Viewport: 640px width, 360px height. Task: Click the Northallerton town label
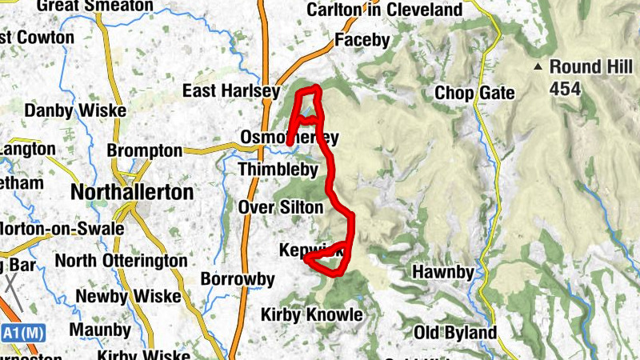132,193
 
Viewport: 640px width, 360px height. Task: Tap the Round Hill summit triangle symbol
539,66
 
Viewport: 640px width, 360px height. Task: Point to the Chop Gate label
474,94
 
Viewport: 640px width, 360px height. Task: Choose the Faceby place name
362,39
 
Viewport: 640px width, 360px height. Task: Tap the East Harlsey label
231,90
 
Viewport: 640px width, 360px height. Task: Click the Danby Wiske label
76,110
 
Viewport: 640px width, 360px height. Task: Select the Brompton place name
145,150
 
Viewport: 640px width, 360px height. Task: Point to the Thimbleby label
278,170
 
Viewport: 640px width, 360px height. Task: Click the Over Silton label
281,208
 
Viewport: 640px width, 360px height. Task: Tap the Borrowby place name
238,280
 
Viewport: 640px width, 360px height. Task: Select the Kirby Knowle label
312,314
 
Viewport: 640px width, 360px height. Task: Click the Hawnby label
442,272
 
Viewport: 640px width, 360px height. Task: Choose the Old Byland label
455,333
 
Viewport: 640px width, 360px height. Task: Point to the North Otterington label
120,261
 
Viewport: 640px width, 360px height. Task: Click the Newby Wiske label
128,296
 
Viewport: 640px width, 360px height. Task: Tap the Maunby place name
100,330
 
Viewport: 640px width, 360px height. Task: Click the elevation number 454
566,90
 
